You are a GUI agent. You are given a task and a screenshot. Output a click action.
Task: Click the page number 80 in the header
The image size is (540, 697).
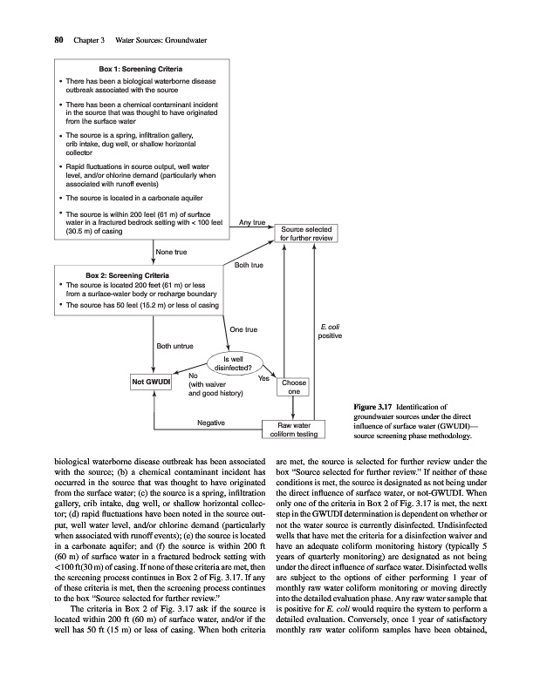click(36, 39)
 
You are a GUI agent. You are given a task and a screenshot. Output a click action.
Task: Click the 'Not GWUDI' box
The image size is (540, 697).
click(150, 382)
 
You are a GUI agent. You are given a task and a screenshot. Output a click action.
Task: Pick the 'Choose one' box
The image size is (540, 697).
click(294, 388)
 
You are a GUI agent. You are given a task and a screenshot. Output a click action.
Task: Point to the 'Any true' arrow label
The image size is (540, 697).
click(252, 223)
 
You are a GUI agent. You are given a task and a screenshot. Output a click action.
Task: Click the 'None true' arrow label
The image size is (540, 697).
click(173, 253)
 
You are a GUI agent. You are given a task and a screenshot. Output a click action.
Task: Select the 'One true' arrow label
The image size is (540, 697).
click(243, 330)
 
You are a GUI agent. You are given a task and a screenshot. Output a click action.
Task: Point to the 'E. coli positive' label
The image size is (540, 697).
click(330, 331)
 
